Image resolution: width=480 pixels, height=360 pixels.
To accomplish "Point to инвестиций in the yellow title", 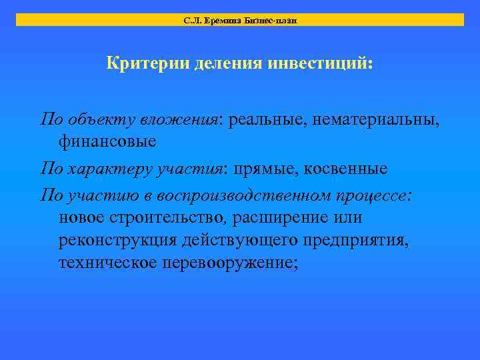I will pyautogui.click(x=321, y=65).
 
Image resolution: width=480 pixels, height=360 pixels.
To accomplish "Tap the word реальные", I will pyautogui.click(x=266, y=120).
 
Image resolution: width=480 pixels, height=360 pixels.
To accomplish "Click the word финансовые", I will pyautogui.click(x=107, y=141).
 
